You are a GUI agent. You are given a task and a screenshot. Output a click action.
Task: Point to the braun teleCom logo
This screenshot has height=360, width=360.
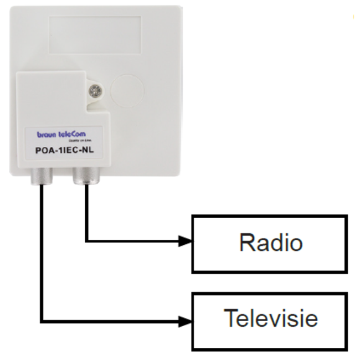pos(61,134)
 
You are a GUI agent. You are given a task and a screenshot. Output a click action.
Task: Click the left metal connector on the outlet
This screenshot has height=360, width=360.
pos(42,177)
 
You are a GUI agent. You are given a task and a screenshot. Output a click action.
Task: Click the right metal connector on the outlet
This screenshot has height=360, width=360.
pos(85,177)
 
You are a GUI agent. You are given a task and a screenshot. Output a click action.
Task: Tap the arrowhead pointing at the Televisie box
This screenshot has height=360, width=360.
pos(186,320)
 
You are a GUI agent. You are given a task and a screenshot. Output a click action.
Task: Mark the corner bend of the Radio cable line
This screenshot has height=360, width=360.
pos(86,241)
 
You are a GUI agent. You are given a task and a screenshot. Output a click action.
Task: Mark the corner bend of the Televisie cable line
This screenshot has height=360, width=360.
pos(42,320)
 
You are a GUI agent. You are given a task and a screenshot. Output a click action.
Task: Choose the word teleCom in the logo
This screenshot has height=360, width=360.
pos(71,133)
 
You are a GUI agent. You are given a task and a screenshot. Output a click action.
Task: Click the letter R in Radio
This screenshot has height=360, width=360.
pos(246,243)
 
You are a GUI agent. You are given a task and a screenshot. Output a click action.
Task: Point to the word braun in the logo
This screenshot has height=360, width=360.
pos(46,134)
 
